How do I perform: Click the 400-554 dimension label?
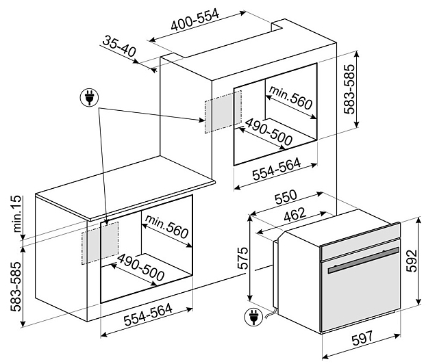(x=195, y=20)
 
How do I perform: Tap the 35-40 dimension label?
(x=119, y=46)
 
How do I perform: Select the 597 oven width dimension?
(x=362, y=338)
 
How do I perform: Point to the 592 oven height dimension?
(x=412, y=261)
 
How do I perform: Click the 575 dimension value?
(x=243, y=258)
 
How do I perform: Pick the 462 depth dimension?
(x=295, y=215)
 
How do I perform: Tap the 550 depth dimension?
(x=286, y=197)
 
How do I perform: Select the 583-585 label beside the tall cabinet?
(x=349, y=89)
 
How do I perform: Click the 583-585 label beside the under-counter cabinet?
(x=16, y=287)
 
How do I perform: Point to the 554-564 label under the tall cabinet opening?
(x=277, y=169)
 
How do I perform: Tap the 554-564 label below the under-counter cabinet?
(x=148, y=315)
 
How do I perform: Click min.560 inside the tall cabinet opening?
(x=290, y=98)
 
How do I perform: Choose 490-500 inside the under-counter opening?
(x=140, y=268)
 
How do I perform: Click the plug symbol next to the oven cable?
(x=253, y=317)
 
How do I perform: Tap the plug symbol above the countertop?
(x=90, y=97)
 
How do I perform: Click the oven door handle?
(x=364, y=261)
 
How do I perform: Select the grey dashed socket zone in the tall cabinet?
(x=223, y=112)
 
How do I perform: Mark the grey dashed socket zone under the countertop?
(x=100, y=243)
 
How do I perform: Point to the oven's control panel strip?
(x=360, y=241)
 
